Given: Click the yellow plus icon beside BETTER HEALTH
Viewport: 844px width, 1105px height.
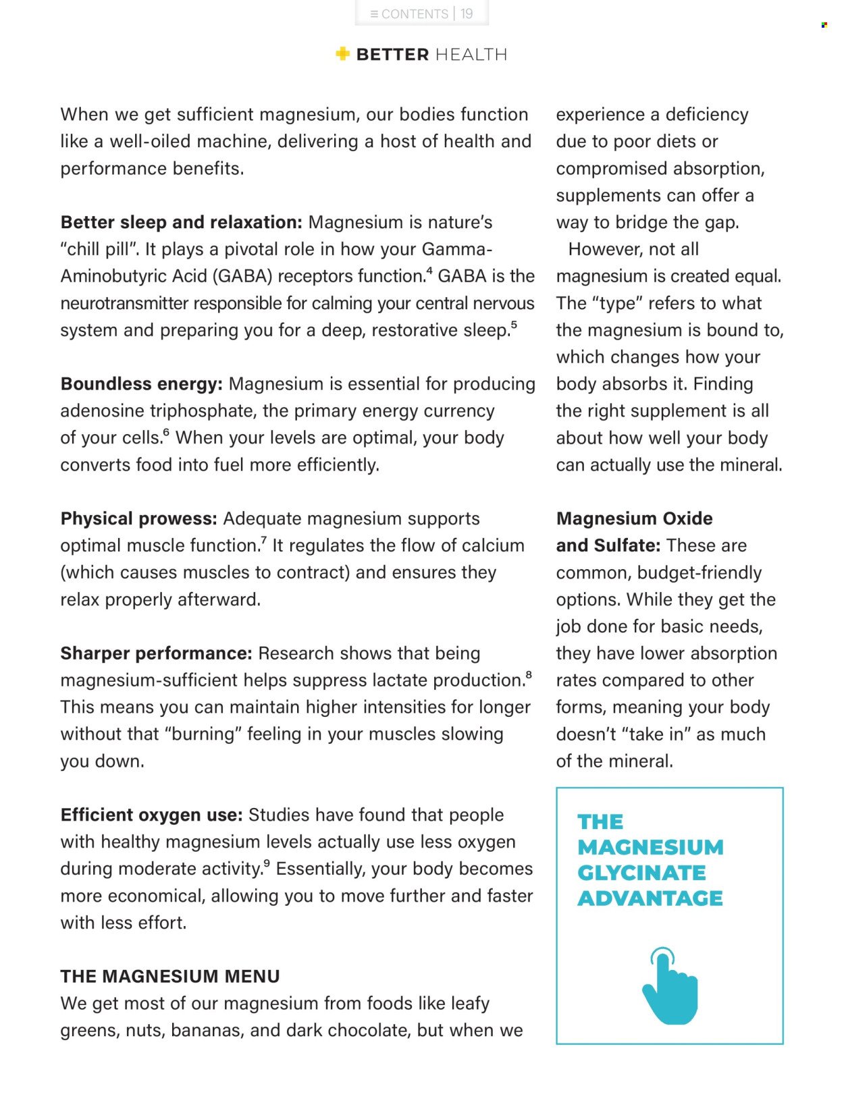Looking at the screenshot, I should click(x=342, y=54).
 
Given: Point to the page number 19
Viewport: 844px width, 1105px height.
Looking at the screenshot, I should click(x=467, y=14).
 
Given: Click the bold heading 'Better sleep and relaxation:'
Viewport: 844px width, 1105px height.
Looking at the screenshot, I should click(x=181, y=222).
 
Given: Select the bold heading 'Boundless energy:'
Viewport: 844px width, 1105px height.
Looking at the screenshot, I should click(x=141, y=384).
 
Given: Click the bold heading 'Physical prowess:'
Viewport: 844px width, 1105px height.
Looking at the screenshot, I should click(x=138, y=518).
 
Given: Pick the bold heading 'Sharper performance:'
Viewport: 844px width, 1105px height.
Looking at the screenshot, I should click(x=156, y=653).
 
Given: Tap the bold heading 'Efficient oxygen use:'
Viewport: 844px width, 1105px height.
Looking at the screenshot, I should click(x=151, y=815).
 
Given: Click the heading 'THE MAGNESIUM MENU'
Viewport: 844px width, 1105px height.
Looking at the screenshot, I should click(x=170, y=976).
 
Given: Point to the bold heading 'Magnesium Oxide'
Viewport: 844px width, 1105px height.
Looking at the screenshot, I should click(x=634, y=518).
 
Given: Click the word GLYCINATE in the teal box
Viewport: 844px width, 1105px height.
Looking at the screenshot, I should click(x=641, y=873).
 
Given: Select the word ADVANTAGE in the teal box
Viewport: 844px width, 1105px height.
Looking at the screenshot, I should click(x=650, y=898).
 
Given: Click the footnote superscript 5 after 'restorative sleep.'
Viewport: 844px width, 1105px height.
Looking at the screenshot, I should click(x=514, y=325).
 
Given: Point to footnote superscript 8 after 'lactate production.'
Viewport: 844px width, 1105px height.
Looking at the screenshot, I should click(x=528, y=675).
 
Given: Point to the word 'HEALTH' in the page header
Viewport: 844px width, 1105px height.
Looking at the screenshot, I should click(x=471, y=55).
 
